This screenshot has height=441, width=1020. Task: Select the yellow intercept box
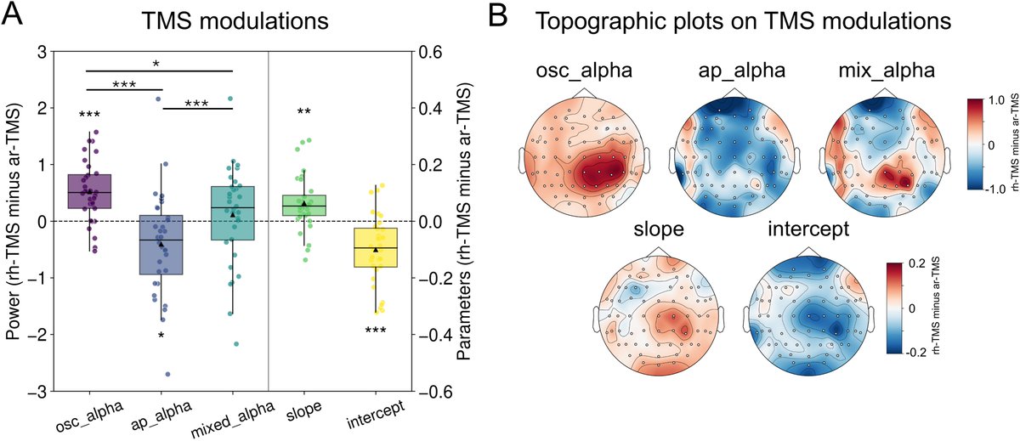(x=374, y=247)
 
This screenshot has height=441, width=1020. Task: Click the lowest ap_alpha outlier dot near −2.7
(x=167, y=374)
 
